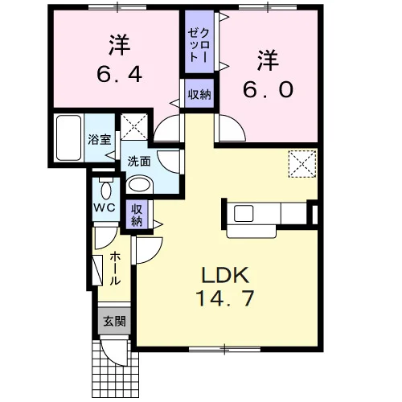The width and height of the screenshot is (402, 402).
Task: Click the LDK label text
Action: point(225,275)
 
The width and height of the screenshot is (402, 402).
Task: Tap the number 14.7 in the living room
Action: point(224,298)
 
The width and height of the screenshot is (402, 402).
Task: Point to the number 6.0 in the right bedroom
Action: point(268,90)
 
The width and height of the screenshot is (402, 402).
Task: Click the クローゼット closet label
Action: point(199,45)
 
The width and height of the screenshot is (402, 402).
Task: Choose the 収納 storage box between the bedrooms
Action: point(199,94)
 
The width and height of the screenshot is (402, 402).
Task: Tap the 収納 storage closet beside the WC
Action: point(137,214)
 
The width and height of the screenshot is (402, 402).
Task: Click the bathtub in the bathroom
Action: point(69,137)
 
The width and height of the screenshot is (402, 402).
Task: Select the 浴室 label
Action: point(100,139)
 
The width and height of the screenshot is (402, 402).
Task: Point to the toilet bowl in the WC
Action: point(106,189)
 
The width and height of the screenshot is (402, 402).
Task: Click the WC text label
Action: point(105,207)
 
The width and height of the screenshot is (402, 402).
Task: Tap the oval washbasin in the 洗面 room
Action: point(139,185)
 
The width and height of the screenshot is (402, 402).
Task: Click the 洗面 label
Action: point(139,162)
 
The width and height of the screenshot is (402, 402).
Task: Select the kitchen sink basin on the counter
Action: point(244,213)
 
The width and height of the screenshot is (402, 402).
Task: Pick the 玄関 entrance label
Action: point(115,321)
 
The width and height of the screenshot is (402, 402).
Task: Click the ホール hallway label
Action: point(115,268)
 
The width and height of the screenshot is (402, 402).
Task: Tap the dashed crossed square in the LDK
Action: point(302,164)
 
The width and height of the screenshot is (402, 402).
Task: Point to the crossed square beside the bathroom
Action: point(134,127)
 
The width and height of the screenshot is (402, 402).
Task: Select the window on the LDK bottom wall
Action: point(224,349)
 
